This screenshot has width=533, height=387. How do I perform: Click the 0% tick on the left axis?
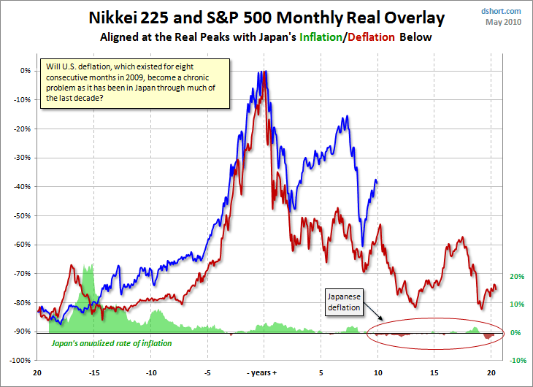[x=25, y=71]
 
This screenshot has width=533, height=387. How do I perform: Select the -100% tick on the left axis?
[x=20, y=361]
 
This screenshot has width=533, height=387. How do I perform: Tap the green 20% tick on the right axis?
[x=516, y=277]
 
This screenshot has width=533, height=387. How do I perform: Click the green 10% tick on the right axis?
[x=516, y=304]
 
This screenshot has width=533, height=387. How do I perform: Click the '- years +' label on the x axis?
[x=263, y=372]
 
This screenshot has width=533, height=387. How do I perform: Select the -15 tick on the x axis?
[x=94, y=372]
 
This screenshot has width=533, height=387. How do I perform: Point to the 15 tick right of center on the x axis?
[x=434, y=372]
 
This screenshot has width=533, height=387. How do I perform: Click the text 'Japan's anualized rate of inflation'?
[x=110, y=342]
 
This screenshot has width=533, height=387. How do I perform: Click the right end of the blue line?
[x=377, y=180]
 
